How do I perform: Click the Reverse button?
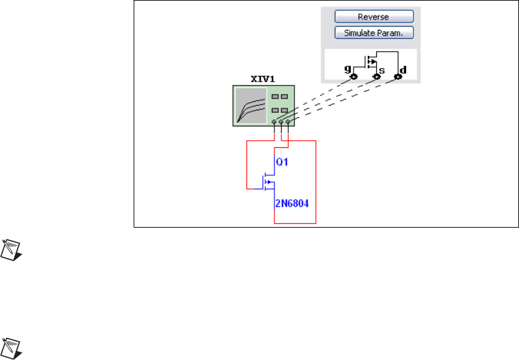pyautogui.click(x=374, y=16)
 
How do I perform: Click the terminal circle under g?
pyautogui.click(x=354, y=77)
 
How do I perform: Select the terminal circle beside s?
pyautogui.click(x=376, y=77)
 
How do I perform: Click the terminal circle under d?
pyautogui.click(x=398, y=77)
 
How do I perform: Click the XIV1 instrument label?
pyautogui.click(x=263, y=79)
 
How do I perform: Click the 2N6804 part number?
pyautogui.click(x=291, y=204)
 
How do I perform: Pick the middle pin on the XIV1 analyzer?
pyautogui.click(x=281, y=122)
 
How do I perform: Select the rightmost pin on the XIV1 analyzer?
pyautogui.click(x=287, y=122)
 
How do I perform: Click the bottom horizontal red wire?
pyautogui.click(x=295, y=223)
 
